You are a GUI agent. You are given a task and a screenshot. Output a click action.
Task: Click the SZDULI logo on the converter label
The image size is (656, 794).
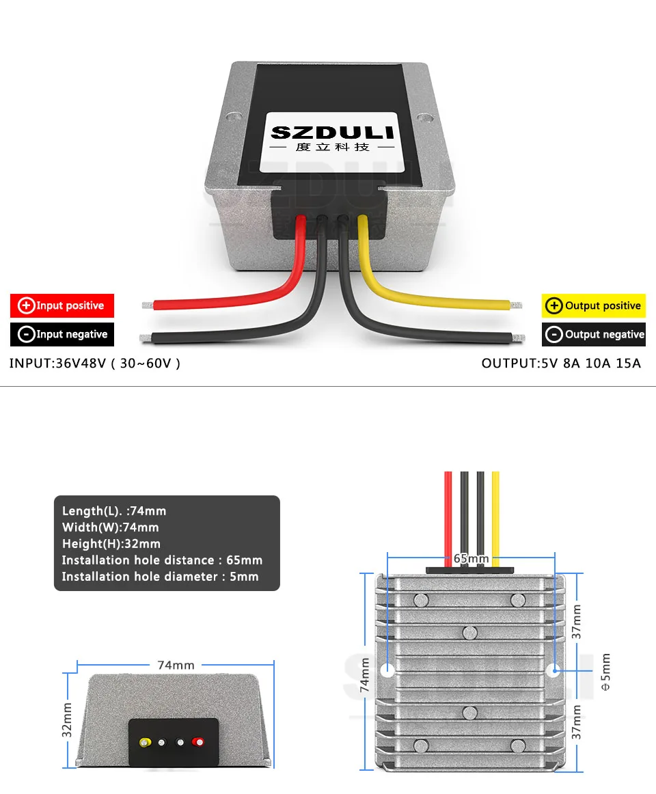(332, 132)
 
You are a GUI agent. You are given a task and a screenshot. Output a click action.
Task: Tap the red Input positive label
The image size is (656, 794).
(62, 305)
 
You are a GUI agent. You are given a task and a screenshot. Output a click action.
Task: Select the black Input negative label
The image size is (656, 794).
(62, 334)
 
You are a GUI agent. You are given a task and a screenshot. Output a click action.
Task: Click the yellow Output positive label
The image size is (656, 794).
(593, 305)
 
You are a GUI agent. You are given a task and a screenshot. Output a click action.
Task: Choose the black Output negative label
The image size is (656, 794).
(593, 334)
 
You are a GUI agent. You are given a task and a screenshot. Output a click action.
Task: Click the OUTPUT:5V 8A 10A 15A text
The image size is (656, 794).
(561, 363)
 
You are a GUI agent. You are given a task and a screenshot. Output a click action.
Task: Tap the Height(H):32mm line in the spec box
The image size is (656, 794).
(111, 544)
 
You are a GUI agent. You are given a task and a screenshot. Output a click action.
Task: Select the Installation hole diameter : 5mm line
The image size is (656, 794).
(161, 577)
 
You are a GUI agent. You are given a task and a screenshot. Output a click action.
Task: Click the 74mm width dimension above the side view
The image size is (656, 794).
(176, 665)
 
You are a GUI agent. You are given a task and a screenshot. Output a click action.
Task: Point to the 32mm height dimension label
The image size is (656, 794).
(67, 720)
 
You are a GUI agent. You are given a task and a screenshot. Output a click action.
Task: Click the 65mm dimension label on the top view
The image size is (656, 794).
(471, 559)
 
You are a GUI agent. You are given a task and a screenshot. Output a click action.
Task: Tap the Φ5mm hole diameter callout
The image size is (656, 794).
(605, 672)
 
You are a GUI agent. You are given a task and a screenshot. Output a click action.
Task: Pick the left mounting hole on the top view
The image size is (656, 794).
(387, 670)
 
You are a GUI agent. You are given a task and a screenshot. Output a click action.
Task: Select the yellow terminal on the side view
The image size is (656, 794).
(145, 742)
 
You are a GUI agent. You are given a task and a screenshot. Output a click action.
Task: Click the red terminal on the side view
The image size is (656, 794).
(198, 742)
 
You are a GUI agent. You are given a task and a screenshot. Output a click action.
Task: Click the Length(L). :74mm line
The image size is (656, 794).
(114, 511)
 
